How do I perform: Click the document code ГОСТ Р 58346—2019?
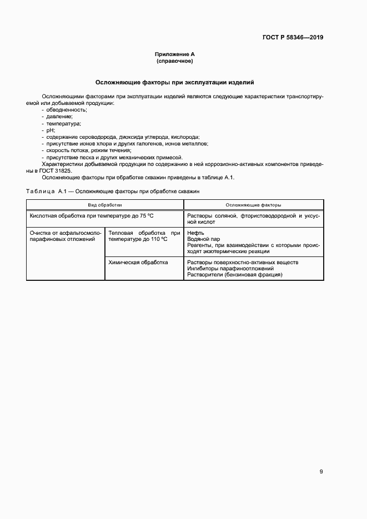click(x=293, y=38)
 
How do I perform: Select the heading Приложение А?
click(x=174, y=54)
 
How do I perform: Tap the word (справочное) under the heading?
click(x=174, y=61)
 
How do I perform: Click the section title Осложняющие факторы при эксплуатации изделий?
click(x=174, y=82)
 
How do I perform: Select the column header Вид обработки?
click(x=105, y=205)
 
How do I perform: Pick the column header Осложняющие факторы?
click(x=253, y=205)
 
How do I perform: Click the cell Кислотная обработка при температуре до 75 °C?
click(x=91, y=215)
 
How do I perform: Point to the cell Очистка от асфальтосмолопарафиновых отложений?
click(x=65, y=236)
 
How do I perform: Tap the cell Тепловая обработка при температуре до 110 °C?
click(x=144, y=236)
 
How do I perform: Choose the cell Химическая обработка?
click(x=138, y=262)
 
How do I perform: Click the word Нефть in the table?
click(x=196, y=233)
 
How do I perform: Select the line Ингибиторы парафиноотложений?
click(x=230, y=269)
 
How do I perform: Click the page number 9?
click(x=321, y=472)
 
